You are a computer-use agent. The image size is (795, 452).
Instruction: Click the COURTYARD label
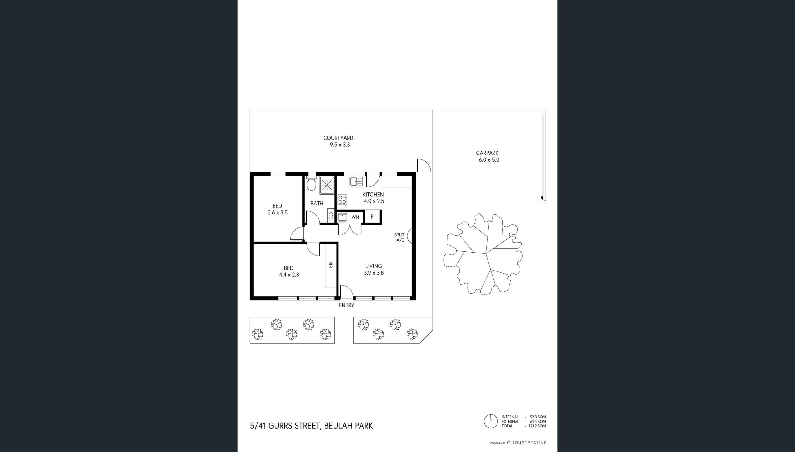coord(338,138)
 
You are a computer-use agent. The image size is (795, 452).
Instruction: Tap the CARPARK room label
coord(487,153)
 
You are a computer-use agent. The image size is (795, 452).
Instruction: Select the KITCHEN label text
coord(373,194)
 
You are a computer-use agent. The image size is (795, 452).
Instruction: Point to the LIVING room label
coord(373,266)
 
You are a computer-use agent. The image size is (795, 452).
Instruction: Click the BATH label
coord(317,203)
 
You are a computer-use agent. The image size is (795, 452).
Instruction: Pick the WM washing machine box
coord(355,217)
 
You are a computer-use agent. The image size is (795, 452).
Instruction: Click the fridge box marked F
coord(372,217)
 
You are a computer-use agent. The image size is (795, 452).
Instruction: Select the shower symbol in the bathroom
coord(327,185)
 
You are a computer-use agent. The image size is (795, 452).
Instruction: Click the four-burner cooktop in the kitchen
coord(342,199)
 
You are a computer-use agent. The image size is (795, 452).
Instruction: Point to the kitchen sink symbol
coord(356,181)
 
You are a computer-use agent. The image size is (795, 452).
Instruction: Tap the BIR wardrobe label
coord(330,265)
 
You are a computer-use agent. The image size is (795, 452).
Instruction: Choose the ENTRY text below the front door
coord(346,306)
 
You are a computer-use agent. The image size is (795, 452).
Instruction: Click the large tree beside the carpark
coord(483,254)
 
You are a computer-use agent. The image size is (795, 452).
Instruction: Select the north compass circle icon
coord(491,421)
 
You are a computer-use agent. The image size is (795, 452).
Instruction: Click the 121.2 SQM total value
coord(537,426)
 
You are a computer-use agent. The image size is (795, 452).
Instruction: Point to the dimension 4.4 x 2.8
coord(289,275)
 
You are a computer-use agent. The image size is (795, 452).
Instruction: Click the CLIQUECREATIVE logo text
coord(527,443)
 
